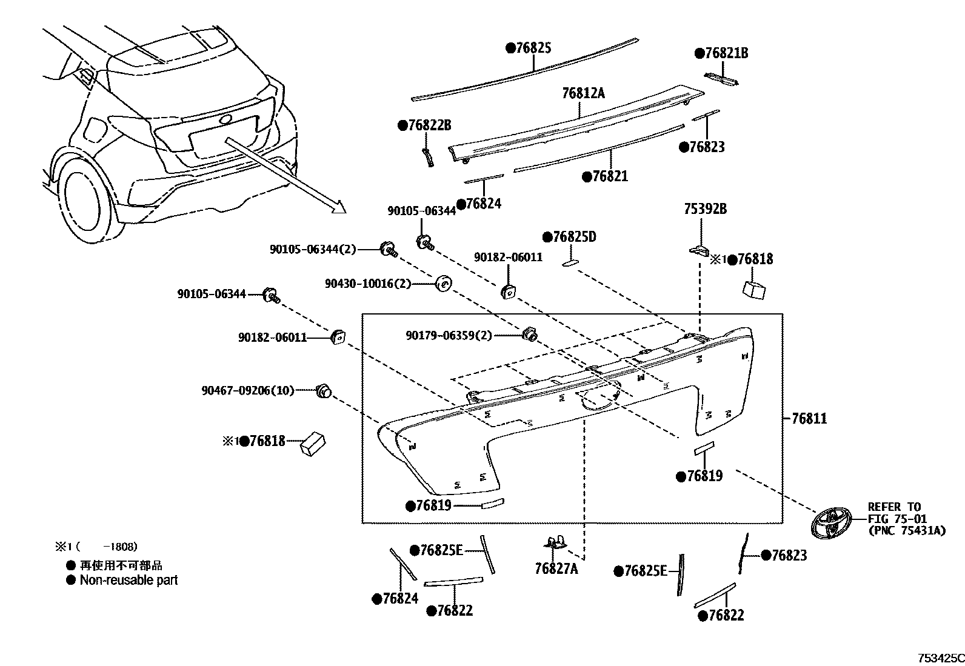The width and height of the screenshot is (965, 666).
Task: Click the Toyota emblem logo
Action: tap(830, 522)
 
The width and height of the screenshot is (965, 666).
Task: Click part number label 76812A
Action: tap(583, 93)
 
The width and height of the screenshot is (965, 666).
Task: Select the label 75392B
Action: tap(705, 209)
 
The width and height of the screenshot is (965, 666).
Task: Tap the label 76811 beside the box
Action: tap(809, 418)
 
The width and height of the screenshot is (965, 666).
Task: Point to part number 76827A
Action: tap(556, 569)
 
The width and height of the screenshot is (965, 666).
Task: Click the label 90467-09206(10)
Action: tap(247, 391)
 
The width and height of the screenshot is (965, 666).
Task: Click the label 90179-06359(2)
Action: tap(449, 335)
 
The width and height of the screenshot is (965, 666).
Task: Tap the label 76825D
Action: tap(573, 237)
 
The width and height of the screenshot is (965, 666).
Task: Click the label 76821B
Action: tap(726, 53)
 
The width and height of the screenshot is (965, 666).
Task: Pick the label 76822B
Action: tap(429, 125)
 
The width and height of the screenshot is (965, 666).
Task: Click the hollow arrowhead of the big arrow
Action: tap(338, 207)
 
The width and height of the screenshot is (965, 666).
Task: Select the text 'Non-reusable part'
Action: tap(129, 580)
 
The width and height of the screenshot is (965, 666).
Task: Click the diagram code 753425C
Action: tap(939, 658)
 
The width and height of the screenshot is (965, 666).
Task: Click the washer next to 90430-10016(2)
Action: tap(444, 283)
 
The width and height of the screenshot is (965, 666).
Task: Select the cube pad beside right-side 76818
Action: tap(753, 289)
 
